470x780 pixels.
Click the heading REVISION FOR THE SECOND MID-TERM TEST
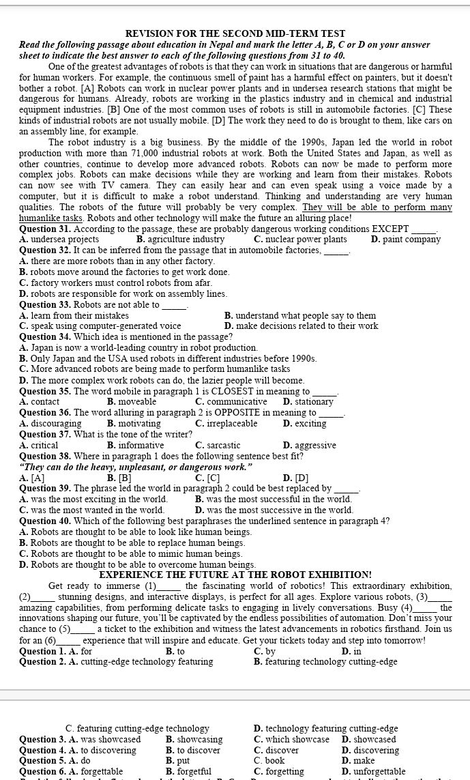click(235, 33)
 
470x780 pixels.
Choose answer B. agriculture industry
click(180, 240)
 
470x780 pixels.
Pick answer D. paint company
click(405, 240)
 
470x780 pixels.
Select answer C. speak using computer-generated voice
click(100, 326)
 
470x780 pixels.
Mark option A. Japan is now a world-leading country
click(138, 347)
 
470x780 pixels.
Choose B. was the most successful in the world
click(273, 499)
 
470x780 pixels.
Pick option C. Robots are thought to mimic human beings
click(131, 553)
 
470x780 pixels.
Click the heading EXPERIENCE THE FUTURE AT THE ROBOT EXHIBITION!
click(235, 575)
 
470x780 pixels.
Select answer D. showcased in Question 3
click(368, 739)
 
